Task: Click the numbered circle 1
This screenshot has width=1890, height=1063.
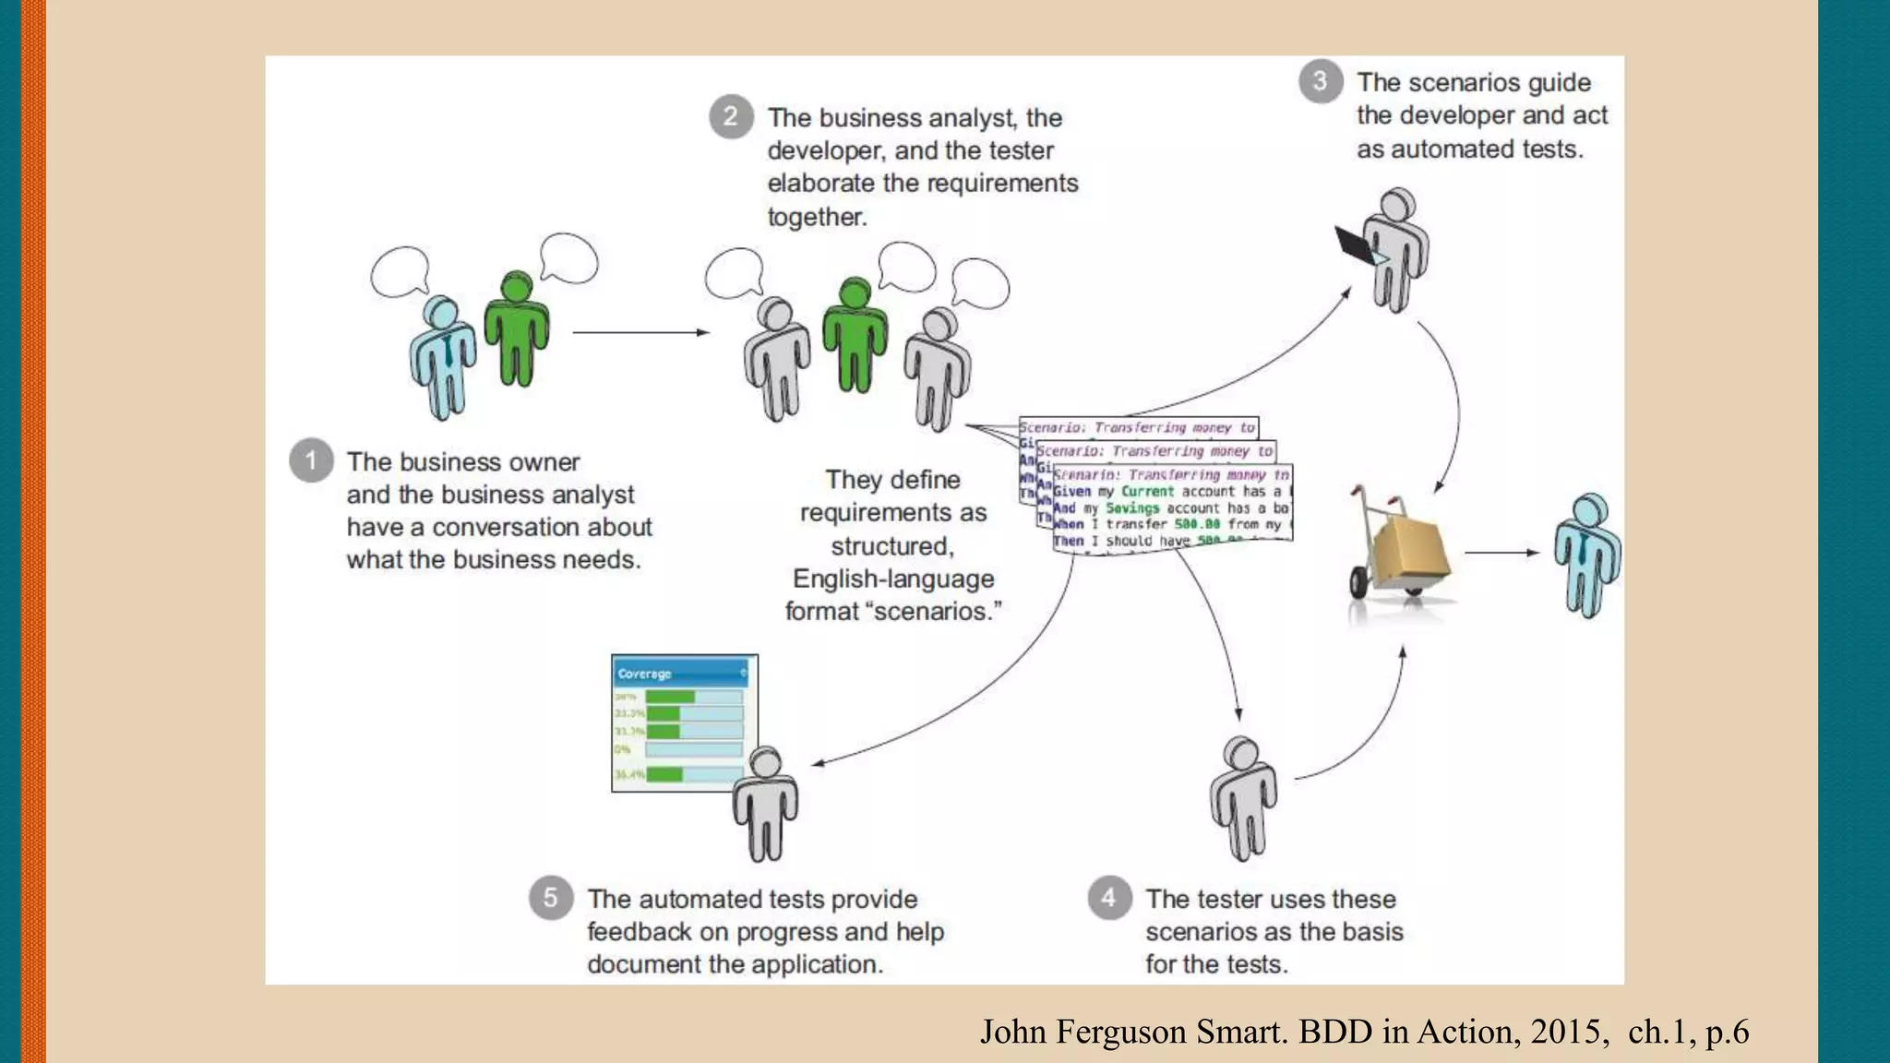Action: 311,460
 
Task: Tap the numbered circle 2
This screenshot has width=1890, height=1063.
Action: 731,116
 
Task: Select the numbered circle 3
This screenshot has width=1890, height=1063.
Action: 1321,81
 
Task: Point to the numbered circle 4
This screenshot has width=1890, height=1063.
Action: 1109,897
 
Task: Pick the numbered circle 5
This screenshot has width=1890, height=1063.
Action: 550,897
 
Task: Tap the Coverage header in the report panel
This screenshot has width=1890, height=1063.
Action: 645,674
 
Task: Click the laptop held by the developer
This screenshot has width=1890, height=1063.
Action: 1358,245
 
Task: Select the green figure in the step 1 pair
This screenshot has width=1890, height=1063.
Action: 516,328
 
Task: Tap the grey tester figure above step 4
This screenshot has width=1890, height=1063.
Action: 1244,797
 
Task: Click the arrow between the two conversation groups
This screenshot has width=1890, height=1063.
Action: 640,332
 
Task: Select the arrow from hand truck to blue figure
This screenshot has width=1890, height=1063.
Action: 1501,553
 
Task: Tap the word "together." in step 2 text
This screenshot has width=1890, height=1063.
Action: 817,217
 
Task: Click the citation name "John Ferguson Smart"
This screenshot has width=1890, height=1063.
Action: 1132,1032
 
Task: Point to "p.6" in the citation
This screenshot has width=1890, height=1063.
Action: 1727,1033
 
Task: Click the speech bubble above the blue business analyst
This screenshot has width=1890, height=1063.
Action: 400,272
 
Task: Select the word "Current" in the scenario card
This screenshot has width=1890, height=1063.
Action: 1147,492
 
